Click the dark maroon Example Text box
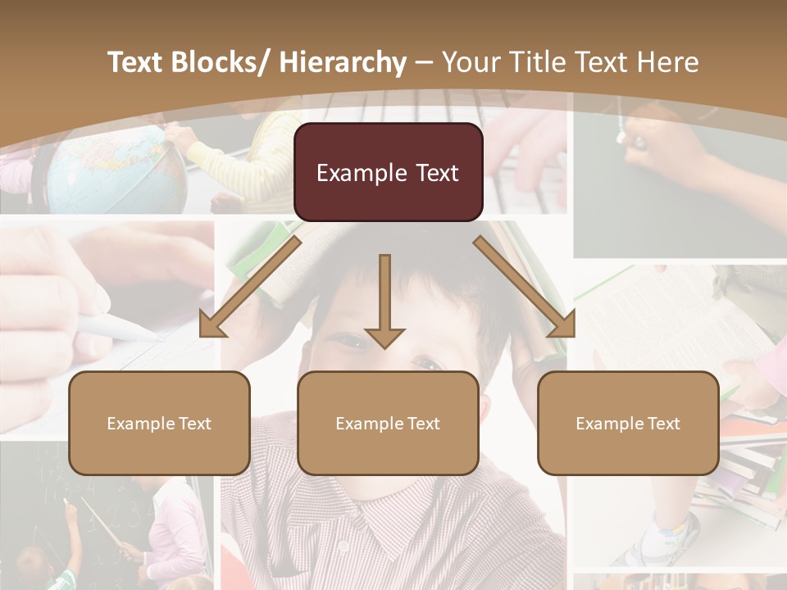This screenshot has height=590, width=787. pyautogui.click(x=388, y=172)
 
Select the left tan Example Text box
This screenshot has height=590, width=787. pyautogui.click(x=159, y=423)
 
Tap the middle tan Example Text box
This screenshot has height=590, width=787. pyautogui.click(x=388, y=423)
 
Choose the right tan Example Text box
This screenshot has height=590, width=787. pyautogui.click(x=628, y=423)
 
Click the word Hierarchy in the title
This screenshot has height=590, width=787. pyautogui.click(x=343, y=62)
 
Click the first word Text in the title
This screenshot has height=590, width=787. pyautogui.click(x=137, y=62)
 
